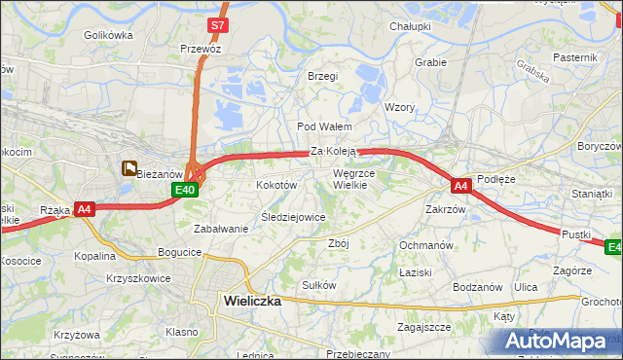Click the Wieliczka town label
click(x=251, y=301)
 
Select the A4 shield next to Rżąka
click(x=85, y=208)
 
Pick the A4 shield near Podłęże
click(x=460, y=185)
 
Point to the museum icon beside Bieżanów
click(x=128, y=168)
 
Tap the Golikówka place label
click(x=107, y=35)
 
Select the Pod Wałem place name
click(x=323, y=126)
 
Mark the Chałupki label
click(x=410, y=26)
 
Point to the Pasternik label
click(x=574, y=57)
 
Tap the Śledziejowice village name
click(x=293, y=217)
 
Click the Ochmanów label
click(x=426, y=245)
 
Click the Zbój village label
click(x=338, y=243)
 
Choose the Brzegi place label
click(x=322, y=76)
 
